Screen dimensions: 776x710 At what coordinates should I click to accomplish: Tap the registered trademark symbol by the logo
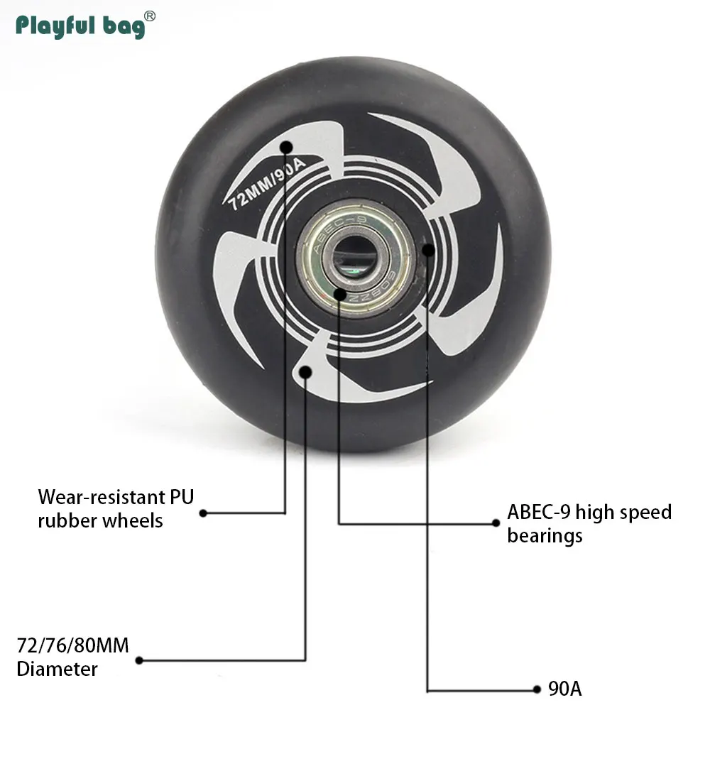pyautogui.click(x=150, y=16)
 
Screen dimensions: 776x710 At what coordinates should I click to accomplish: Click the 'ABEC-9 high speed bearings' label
pyautogui.click(x=589, y=523)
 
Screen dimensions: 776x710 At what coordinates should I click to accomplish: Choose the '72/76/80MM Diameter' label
pyautogui.click(x=73, y=657)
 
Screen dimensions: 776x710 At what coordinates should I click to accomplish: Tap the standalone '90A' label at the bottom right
pyautogui.click(x=565, y=689)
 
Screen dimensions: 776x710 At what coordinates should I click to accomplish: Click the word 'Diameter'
pyautogui.click(x=58, y=669)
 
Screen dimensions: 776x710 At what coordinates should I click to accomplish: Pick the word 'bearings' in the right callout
pyautogui.click(x=545, y=535)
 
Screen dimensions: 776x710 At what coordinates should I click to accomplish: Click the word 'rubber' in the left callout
pyautogui.click(x=67, y=520)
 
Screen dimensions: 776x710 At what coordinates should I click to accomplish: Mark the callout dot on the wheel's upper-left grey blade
pyautogui.click(x=286, y=147)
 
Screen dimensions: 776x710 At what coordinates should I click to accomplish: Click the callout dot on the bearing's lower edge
pyautogui.click(x=339, y=293)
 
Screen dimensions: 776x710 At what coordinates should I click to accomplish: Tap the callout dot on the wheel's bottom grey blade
pyautogui.click(x=306, y=371)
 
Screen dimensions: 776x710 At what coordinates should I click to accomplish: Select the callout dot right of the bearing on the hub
pyautogui.click(x=427, y=249)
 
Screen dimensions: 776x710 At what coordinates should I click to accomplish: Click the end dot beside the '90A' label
pyautogui.click(x=537, y=689)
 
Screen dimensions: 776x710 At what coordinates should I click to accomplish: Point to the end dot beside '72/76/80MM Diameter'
pyautogui.click(x=139, y=660)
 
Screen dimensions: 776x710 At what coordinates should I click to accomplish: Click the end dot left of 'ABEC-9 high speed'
pyautogui.click(x=496, y=523)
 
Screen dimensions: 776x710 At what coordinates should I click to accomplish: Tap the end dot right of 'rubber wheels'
pyautogui.click(x=203, y=513)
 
